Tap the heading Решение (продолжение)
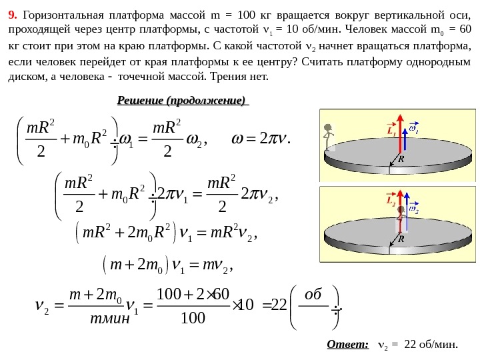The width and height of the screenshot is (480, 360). (182, 101)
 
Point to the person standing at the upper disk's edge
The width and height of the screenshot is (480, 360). (327, 139)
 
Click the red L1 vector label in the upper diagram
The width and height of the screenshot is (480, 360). (391, 131)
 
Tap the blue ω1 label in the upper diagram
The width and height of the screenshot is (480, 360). (414, 131)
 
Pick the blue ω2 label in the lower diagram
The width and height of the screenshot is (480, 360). (413, 209)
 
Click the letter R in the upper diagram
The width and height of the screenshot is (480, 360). (401, 160)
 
